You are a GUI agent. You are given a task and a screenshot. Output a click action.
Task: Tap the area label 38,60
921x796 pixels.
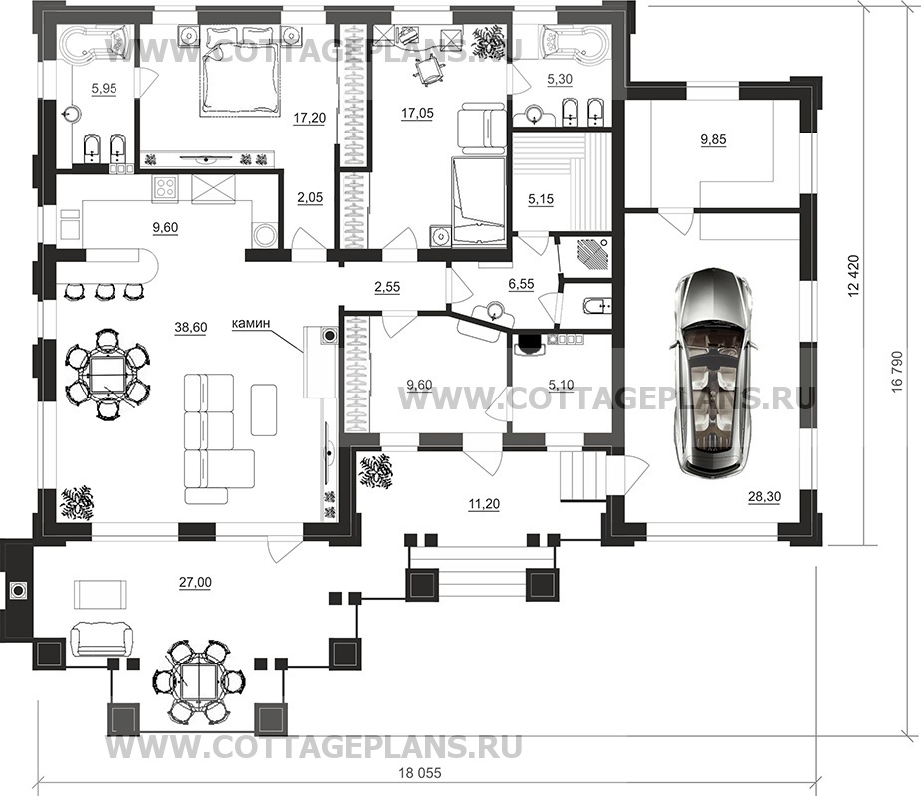[x=191, y=328]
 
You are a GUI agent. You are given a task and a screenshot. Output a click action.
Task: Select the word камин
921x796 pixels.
[x=251, y=323]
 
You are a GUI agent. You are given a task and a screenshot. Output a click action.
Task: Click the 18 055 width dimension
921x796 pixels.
[x=418, y=773]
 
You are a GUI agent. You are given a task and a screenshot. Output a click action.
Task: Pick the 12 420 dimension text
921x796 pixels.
[x=854, y=276]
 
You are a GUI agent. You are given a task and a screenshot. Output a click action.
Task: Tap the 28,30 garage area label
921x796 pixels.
[x=764, y=497]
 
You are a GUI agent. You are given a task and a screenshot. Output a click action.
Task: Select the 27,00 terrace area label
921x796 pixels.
[x=195, y=582]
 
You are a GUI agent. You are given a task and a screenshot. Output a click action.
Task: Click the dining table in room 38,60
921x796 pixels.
[x=107, y=374]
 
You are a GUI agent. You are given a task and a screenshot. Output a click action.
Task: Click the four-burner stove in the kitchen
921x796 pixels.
[x=165, y=188]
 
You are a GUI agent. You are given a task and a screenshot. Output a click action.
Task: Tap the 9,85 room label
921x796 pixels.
[x=714, y=139]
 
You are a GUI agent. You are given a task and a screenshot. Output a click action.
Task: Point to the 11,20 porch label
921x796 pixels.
[x=484, y=503]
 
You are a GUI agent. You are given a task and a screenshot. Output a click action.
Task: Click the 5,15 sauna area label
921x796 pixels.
[x=541, y=199]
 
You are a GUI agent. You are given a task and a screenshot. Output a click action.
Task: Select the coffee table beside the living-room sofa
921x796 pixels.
[x=264, y=409]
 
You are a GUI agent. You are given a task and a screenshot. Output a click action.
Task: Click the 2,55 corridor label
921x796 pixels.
[x=387, y=286]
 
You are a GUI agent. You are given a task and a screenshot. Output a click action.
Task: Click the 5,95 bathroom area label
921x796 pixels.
[x=104, y=89]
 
